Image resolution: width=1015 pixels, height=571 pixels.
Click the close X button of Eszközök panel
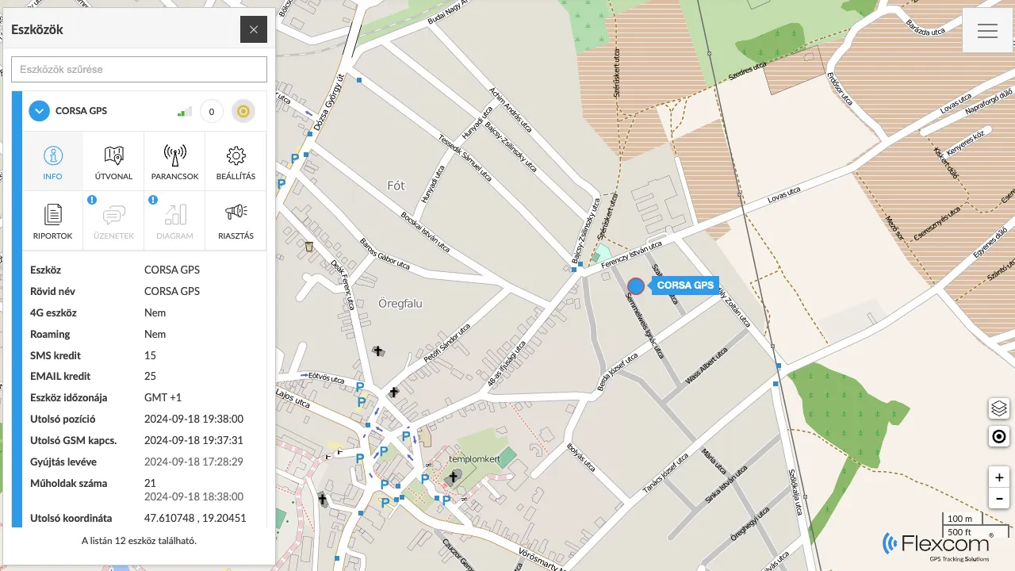click(x=254, y=29)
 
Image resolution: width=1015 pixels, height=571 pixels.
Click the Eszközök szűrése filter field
click(x=139, y=69)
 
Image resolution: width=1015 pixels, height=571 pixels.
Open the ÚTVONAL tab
click(x=113, y=162)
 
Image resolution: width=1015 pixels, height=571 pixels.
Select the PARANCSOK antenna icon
click(x=174, y=155)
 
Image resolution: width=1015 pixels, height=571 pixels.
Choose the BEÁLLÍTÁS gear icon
click(x=236, y=155)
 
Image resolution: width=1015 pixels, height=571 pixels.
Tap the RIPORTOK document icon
click(x=53, y=213)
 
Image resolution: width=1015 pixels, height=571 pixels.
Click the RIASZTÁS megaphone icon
click(x=236, y=213)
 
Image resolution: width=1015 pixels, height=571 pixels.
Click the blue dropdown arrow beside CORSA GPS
click(x=40, y=111)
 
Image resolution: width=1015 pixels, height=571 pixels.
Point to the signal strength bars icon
click(x=185, y=112)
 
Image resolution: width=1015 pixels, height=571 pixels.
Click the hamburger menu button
click(x=987, y=31)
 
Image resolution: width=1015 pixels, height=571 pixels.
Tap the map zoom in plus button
click(x=999, y=477)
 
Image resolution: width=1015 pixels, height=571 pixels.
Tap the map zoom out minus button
click(x=999, y=499)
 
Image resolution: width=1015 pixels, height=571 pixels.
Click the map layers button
click(x=999, y=408)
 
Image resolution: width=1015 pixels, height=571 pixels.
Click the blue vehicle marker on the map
click(x=636, y=286)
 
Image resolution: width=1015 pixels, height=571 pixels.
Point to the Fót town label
click(x=396, y=186)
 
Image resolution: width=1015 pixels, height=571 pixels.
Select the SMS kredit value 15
click(x=151, y=355)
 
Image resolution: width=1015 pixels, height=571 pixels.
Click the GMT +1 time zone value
click(x=163, y=397)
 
